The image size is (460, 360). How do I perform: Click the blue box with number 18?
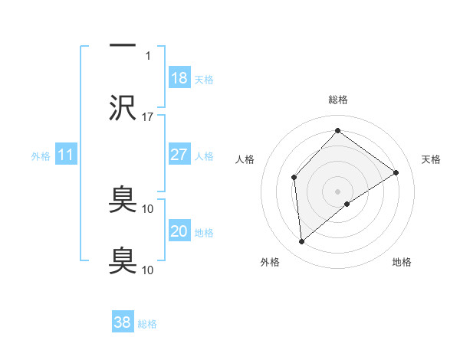pyautogui.click(x=179, y=78)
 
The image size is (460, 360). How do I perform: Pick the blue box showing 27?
pyautogui.click(x=179, y=155)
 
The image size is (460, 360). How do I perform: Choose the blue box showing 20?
pyautogui.click(x=179, y=231)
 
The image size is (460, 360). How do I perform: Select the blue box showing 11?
pyautogui.click(x=67, y=155)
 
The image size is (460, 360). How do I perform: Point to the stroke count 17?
pyautogui.click(x=148, y=117)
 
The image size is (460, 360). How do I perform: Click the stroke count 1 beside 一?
pyautogui.click(x=148, y=56)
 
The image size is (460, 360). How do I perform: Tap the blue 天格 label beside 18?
pyautogui.click(x=204, y=80)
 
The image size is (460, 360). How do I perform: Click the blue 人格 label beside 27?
pyautogui.click(x=204, y=156)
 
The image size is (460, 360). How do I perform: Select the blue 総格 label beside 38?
pyautogui.click(x=147, y=324)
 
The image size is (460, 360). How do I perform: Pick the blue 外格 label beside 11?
pyautogui.click(x=41, y=156)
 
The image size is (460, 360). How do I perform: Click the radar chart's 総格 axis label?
pyautogui.click(x=337, y=100)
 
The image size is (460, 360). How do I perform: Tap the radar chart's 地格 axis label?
pyautogui.click(x=402, y=262)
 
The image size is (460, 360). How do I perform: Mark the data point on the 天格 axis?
pyautogui.click(x=396, y=172)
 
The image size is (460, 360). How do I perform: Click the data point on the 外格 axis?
pyautogui.click(x=302, y=242)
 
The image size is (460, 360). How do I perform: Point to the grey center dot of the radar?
pyautogui.click(x=337, y=191)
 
